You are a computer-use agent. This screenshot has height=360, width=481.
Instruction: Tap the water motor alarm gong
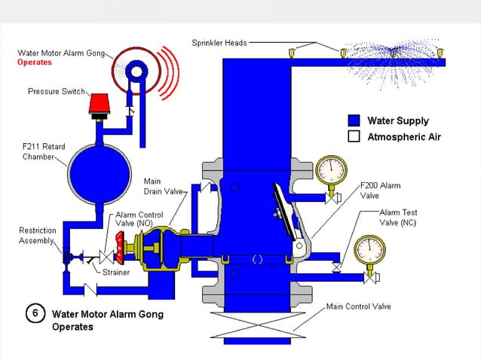(138, 71)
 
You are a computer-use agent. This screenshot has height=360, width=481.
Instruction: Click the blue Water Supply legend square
(353, 121)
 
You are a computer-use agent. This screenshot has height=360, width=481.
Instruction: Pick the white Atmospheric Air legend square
(353, 136)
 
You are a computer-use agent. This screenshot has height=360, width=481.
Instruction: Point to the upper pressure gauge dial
(330, 171)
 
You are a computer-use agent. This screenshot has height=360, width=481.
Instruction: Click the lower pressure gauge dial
(369, 252)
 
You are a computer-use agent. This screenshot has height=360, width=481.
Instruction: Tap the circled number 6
(35, 313)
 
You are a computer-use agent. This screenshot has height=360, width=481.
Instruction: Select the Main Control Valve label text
(358, 307)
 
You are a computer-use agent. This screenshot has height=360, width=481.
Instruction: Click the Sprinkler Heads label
(219, 42)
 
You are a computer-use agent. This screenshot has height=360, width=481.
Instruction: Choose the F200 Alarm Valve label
(380, 190)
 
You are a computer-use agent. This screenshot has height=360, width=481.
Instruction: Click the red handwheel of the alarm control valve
(118, 250)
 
